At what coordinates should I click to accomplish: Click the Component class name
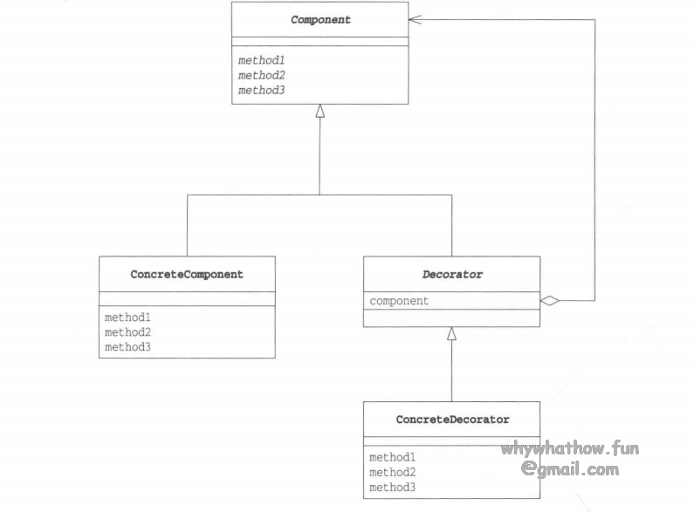tap(320, 19)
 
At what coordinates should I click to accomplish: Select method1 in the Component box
tap(261, 60)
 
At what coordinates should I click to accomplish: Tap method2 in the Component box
tap(261, 75)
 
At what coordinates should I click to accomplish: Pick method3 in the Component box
tap(261, 90)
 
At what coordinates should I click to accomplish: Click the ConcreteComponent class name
tap(187, 274)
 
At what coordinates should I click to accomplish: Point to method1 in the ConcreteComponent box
tap(127, 317)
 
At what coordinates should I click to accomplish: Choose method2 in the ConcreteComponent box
tap(127, 332)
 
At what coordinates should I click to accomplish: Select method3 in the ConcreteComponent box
tap(127, 347)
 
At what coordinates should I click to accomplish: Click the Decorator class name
tap(452, 274)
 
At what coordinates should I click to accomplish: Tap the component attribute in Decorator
tap(399, 301)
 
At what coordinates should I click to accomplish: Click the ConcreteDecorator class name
tap(452, 420)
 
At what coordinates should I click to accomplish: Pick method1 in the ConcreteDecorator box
tap(392, 457)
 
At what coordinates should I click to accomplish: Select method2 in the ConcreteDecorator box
tap(392, 472)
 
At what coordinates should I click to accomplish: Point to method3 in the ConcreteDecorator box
tap(392, 487)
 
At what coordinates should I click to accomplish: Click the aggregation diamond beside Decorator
tap(549, 301)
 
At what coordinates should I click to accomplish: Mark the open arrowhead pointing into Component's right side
tap(415, 19)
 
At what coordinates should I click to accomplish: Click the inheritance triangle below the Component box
tap(320, 111)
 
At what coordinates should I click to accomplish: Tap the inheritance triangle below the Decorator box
tap(451, 333)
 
